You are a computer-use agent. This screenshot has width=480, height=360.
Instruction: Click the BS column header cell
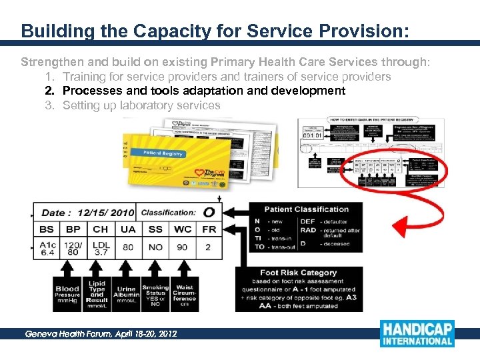(x=47, y=229)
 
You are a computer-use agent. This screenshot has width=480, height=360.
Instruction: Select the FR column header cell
(x=209, y=229)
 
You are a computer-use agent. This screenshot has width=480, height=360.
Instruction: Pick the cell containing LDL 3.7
(x=101, y=249)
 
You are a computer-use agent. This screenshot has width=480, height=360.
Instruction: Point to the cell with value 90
(x=182, y=247)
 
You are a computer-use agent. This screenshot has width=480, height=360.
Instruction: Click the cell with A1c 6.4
(x=47, y=249)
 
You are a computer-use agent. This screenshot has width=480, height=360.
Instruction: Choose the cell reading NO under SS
(x=155, y=247)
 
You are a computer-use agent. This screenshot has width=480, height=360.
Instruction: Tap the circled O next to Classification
(x=209, y=212)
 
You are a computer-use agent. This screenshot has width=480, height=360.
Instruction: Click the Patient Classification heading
(x=306, y=209)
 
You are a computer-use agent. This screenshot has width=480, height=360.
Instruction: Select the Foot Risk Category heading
(x=299, y=273)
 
